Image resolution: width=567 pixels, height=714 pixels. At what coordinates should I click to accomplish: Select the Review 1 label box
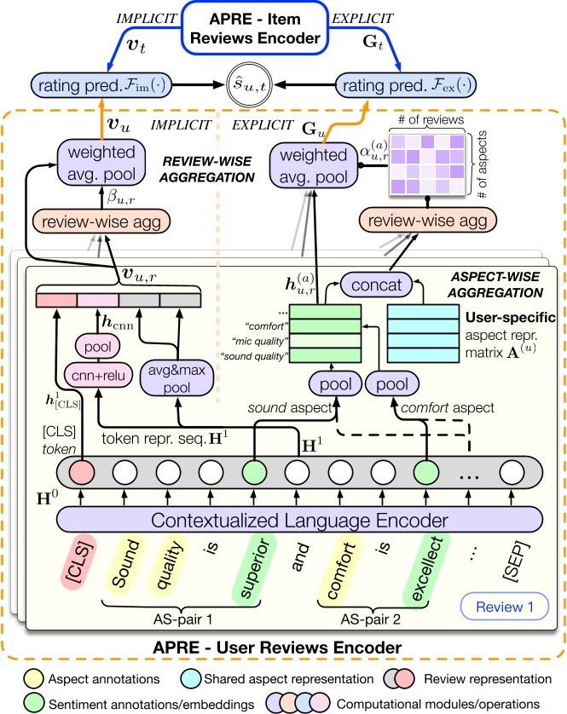pos(501,608)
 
